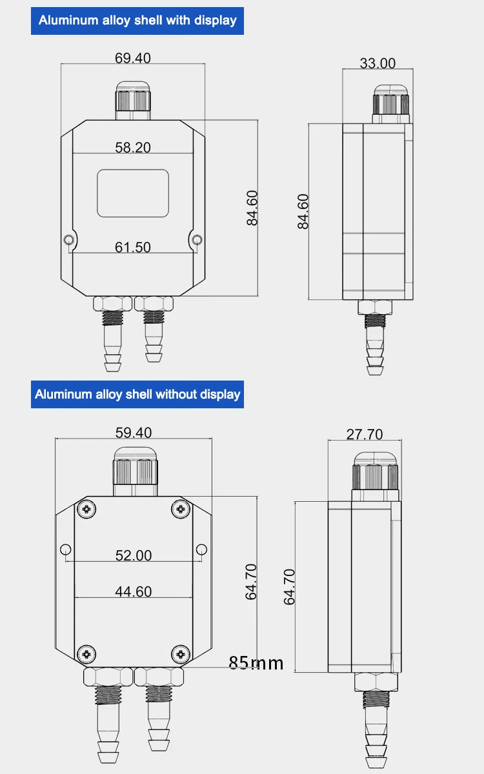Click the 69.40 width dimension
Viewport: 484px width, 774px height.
pos(133,58)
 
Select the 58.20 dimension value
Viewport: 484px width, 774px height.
pos(133,147)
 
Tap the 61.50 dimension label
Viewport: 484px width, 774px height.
pos(133,247)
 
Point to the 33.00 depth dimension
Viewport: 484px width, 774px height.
pos(378,63)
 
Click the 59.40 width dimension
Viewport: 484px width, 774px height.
pos(134,432)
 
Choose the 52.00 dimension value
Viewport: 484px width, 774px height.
pos(134,555)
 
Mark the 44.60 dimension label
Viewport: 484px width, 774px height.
pos(134,591)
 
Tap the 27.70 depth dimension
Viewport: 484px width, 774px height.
pos(365,434)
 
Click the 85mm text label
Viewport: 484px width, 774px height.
pos(256,662)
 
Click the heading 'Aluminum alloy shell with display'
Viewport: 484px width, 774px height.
pos(137,20)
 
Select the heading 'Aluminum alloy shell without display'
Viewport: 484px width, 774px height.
pos(137,394)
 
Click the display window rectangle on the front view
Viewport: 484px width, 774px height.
pos(133,193)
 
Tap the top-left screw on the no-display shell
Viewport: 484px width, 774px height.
pos(88,510)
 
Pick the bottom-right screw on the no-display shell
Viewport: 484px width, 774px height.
pos(180,653)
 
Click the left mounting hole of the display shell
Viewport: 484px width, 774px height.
pos(69,241)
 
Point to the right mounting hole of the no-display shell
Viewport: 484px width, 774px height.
pos(201,549)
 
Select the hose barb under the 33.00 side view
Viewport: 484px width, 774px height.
pos(375,352)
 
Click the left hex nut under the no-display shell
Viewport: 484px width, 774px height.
pos(108,677)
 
